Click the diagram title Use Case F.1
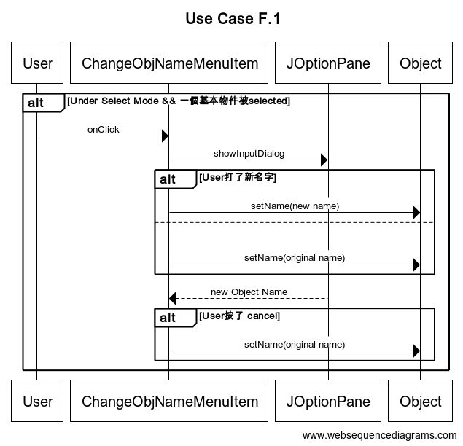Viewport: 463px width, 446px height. coord(233,19)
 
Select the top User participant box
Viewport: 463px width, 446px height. coord(38,63)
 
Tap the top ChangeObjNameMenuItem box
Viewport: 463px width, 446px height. coord(169,63)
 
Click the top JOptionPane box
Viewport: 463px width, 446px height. coord(328,63)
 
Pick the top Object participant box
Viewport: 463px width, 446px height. coord(420,63)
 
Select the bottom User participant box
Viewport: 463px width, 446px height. coord(38,401)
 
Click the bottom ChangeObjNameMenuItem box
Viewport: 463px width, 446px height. coord(169,401)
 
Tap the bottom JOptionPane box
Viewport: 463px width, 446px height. coord(328,401)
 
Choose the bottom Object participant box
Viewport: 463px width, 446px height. coord(420,401)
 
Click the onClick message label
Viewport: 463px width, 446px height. coord(103,130)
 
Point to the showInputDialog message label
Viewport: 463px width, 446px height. coord(249,154)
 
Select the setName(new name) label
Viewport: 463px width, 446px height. coord(295,206)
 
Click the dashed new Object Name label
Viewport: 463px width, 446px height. coord(249,292)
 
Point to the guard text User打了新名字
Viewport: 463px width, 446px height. coord(238,177)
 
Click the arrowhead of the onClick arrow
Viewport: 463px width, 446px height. coord(165,136)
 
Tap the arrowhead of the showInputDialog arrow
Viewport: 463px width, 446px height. coord(324,160)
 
